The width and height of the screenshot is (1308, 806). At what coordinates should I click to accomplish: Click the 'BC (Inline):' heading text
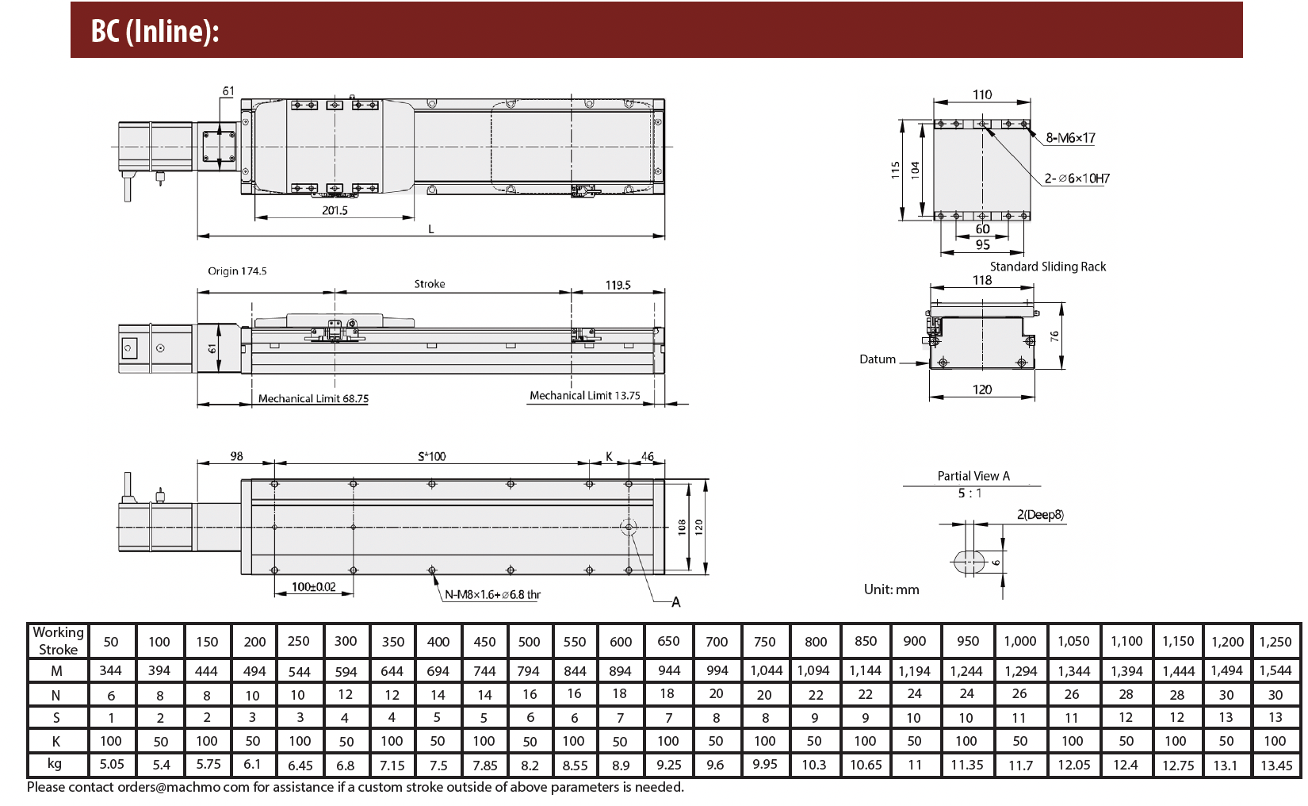(155, 31)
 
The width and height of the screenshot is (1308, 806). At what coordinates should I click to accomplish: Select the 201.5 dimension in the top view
(335, 210)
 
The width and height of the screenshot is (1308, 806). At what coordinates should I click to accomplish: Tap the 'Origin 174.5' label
(237, 271)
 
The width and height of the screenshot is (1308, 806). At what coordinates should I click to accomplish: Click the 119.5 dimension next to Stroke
(618, 286)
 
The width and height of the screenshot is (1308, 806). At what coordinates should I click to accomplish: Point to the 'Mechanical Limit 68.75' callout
(314, 398)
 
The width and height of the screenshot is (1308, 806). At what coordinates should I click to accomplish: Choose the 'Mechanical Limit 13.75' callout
(584, 396)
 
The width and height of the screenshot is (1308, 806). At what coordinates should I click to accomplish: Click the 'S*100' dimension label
(431, 456)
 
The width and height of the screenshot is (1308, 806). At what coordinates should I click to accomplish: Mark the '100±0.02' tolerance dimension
(314, 587)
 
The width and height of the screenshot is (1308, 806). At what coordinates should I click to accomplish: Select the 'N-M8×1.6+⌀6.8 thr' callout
(493, 595)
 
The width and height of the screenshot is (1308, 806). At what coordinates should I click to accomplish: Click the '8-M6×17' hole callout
(1070, 139)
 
